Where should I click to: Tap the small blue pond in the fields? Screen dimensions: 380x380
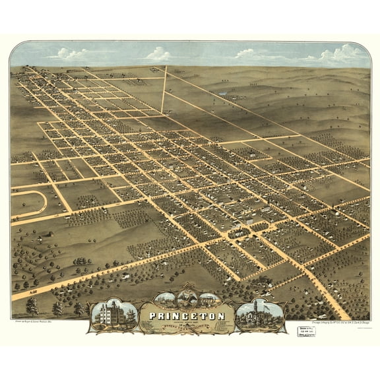[x=225, y=94]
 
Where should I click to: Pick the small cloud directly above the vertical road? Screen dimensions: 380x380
[x=158, y=53]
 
